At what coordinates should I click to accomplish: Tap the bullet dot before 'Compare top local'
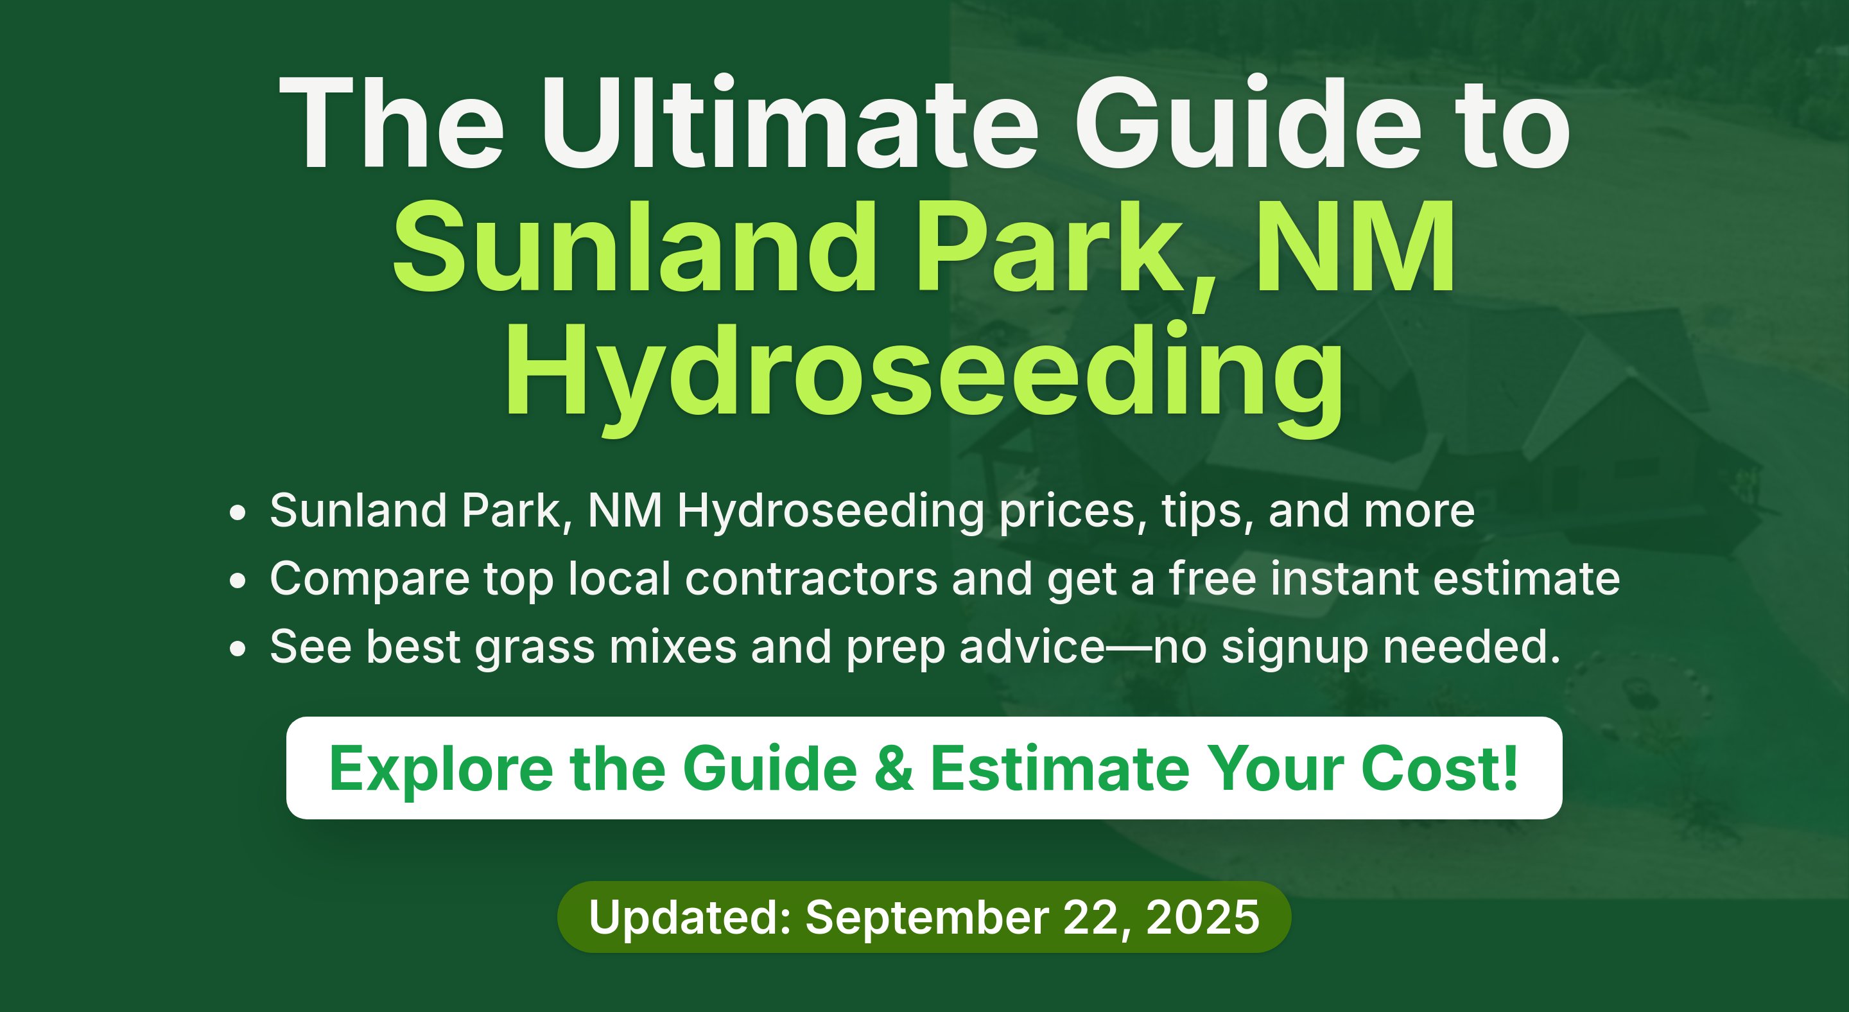[x=238, y=580]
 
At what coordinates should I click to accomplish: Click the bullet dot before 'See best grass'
[x=238, y=648]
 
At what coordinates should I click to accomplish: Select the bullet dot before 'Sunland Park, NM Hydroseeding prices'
[x=238, y=512]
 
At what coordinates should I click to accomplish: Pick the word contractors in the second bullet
[x=811, y=579]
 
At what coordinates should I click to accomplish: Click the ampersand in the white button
[x=894, y=769]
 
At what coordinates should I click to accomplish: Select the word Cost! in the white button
[x=1440, y=769]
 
